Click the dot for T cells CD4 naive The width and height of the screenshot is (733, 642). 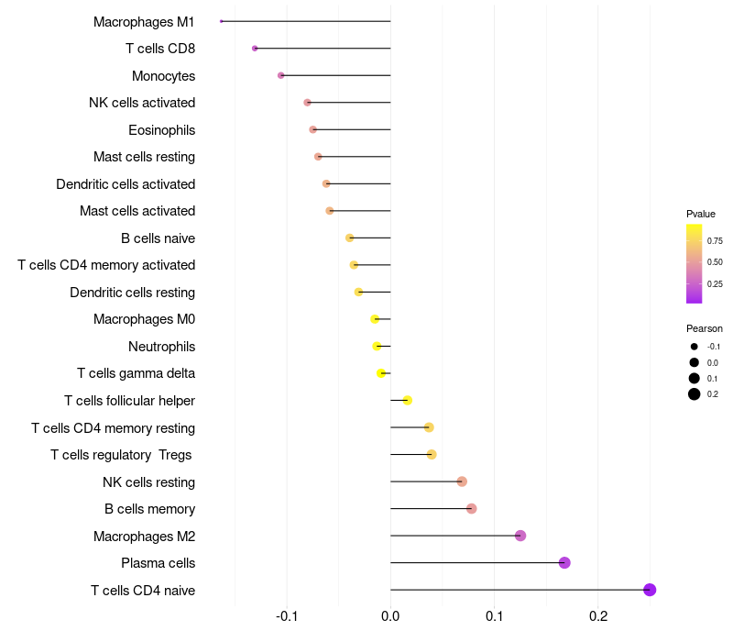tap(650, 590)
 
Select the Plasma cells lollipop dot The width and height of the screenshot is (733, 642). tap(564, 562)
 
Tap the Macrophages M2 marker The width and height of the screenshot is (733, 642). tap(520, 536)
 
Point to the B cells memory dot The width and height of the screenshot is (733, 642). tap(471, 509)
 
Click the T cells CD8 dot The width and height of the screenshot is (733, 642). tap(255, 48)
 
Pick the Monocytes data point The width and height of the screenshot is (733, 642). tap(281, 75)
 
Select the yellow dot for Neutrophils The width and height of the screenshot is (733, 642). tap(377, 346)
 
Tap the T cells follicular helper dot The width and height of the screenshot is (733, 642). tap(407, 400)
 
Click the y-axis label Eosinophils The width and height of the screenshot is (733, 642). tap(161, 130)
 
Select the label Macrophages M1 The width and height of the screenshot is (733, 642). tap(144, 21)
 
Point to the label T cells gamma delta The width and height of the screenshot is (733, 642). tap(136, 373)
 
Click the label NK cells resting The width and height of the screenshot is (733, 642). tap(148, 482)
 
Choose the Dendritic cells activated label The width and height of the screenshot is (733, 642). tap(126, 184)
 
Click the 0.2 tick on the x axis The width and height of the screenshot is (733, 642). tap(598, 615)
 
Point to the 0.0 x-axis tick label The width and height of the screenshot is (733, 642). tap(390, 615)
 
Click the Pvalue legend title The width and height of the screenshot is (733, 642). tap(701, 214)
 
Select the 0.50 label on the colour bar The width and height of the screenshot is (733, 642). tap(715, 262)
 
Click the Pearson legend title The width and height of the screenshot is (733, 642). tap(704, 328)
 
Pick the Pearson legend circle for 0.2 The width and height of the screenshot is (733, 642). tap(695, 394)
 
